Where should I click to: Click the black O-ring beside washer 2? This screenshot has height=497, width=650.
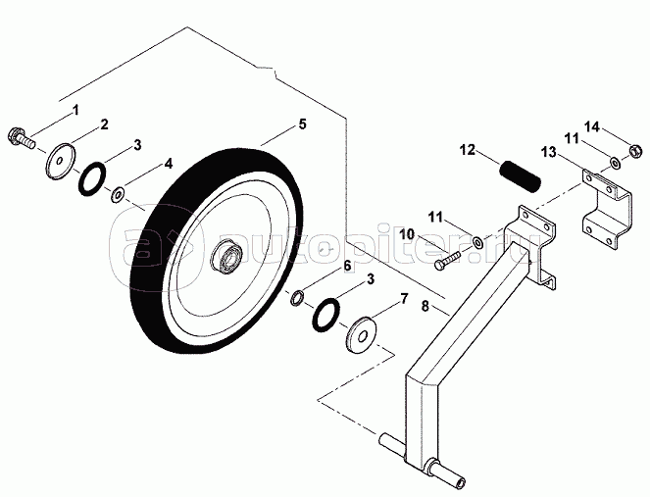(x=91, y=178)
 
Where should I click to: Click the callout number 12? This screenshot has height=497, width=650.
(x=468, y=151)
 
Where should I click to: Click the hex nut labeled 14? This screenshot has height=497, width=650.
(x=633, y=152)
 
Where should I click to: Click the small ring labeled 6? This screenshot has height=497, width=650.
(x=295, y=295)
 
